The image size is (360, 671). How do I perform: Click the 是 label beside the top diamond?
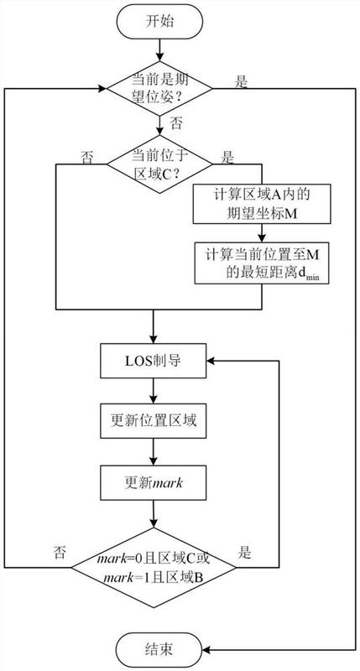click(241, 81)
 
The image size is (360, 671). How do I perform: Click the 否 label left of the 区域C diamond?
click(86, 157)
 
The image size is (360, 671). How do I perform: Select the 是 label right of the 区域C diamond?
click(226, 157)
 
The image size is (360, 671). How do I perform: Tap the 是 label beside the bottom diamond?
click(246, 553)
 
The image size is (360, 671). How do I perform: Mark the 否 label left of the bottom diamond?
click(60, 553)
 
